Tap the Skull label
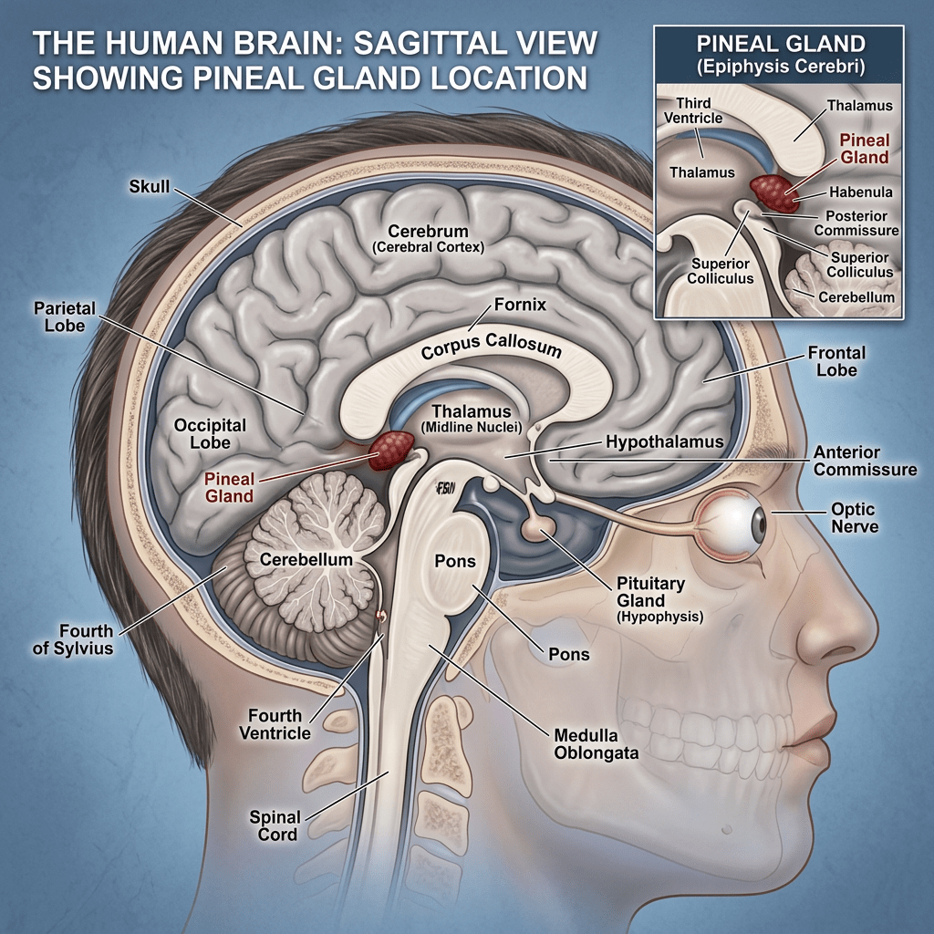(150, 186)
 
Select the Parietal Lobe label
(65, 317)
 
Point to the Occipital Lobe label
(210, 433)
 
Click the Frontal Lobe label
(836, 361)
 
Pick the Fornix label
(520, 305)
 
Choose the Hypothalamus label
(664, 441)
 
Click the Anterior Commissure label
(865, 461)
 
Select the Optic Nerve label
(854, 518)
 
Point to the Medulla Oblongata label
(596, 744)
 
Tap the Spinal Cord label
(275, 825)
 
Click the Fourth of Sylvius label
(73, 639)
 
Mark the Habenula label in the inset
(861, 192)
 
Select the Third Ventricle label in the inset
(693, 110)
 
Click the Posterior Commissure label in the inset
(856, 223)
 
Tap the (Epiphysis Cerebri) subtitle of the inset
(781, 66)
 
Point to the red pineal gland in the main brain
(391, 451)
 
